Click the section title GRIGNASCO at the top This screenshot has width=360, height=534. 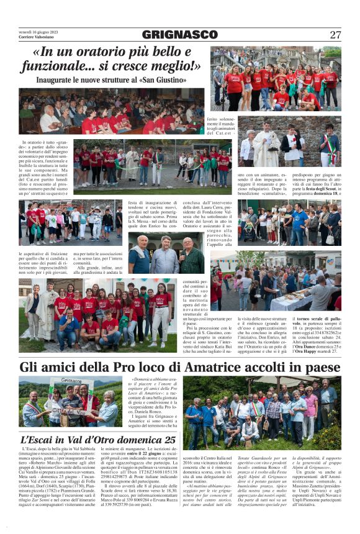coord(179,34)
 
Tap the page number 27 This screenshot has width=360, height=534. coord(335,35)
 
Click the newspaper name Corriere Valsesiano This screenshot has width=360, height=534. coord(35,38)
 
